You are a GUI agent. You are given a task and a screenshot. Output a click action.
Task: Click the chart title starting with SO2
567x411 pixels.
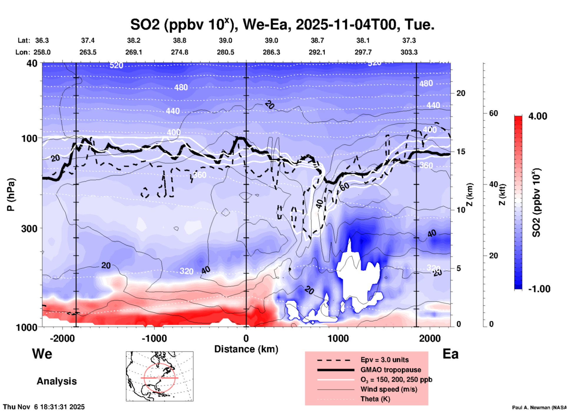[282, 25]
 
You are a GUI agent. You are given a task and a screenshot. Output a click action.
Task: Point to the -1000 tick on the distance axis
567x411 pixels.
[154, 338]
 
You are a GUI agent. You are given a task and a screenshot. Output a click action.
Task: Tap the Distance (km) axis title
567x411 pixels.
[246, 349]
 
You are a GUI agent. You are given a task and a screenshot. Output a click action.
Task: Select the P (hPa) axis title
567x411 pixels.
[11, 195]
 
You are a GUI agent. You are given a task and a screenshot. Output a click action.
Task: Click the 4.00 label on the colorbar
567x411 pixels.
[538, 116]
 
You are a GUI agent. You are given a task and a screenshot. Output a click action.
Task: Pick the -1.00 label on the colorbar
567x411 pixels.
[539, 289]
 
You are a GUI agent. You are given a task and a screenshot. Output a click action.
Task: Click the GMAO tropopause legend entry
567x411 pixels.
[391, 370]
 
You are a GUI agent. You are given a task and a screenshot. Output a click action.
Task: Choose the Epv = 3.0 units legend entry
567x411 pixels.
[384, 360]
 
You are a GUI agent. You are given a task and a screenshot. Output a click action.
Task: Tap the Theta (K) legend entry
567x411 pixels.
[375, 399]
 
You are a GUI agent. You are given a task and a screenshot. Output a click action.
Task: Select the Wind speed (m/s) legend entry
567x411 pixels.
[389, 389]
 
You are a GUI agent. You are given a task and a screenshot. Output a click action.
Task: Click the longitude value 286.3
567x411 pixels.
[271, 52]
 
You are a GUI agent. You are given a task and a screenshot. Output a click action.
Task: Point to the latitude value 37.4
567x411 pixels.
[88, 40]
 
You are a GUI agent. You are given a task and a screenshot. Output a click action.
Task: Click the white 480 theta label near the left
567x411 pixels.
[181, 87]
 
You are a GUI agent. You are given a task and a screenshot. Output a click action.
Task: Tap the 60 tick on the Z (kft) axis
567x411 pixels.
[493, 114]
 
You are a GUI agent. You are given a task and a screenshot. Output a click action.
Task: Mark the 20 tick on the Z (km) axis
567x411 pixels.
[461, 93]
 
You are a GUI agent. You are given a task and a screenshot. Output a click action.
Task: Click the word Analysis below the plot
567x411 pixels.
[57, 381]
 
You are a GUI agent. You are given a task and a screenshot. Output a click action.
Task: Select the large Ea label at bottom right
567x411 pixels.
[450, 354]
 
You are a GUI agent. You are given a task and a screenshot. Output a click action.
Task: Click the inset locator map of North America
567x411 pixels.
[160, 376]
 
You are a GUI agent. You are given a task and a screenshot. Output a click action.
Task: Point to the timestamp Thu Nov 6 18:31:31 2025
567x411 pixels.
[44, 407]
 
